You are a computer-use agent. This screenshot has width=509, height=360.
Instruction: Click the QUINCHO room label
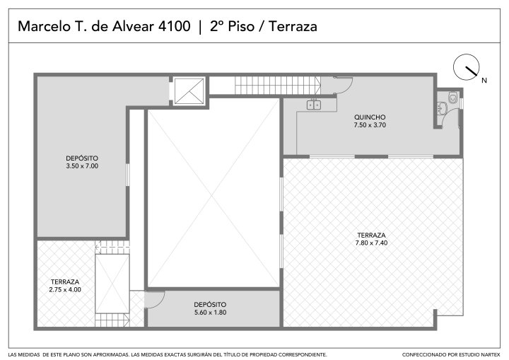click(370, 117)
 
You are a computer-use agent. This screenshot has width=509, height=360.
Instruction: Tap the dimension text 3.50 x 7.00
click(82, 166)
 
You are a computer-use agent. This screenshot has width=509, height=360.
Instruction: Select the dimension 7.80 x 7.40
click(371, 243)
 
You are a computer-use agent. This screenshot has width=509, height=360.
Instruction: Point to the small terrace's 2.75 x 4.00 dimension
click(65, 289)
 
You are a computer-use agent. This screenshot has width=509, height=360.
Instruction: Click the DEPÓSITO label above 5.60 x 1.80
click(210, 304)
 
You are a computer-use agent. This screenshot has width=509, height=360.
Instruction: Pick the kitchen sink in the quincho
click(314, 105)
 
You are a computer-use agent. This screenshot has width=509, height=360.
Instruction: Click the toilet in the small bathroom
click(452, 97)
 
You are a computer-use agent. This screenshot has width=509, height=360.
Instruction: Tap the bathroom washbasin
click(441, 108)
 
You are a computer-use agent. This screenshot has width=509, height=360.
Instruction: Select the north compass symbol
click(466, 67)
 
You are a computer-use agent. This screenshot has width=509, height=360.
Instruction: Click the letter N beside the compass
click(484, 80)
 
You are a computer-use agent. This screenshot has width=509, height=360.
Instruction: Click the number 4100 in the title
click(174, 26)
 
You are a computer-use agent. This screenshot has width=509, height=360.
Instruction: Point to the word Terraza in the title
click(293, 26)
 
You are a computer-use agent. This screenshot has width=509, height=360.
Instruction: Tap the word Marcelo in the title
click(44, 26)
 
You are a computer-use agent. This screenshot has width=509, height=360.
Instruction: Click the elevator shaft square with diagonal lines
click(189, 91)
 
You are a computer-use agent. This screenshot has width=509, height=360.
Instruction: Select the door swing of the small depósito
click(155, 300)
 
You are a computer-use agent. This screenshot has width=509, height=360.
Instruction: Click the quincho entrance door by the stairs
click(343, 86)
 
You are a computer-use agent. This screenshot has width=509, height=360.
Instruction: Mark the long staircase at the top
click(278, 86)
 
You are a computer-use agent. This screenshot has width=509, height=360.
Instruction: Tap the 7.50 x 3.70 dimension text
click(370, 125)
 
